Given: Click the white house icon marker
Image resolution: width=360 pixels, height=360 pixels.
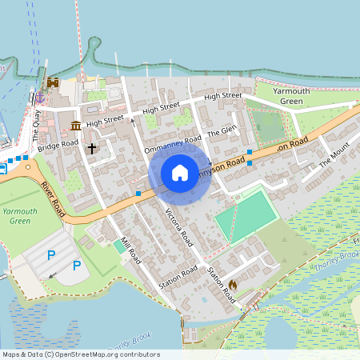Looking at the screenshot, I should [180, 173].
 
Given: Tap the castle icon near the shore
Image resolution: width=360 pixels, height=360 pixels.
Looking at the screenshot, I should [54, 82].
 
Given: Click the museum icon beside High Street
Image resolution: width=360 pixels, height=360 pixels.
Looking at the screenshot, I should [75, 126].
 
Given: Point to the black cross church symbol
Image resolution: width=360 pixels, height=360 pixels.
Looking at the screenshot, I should [92, 148].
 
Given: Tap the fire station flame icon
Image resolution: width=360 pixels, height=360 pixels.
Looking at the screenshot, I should [233, 284].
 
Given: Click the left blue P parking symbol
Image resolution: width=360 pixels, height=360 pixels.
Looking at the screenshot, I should [51, 255].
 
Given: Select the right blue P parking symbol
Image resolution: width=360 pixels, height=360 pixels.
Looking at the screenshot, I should [77, 266].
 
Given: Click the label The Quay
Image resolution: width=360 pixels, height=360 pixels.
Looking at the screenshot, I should [37, 126].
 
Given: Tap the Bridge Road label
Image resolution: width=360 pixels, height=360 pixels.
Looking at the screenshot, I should [58, 145].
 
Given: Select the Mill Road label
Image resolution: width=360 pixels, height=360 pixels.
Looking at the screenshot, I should [129, 251].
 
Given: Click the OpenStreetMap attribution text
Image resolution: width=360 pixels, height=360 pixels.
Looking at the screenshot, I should [80, 354].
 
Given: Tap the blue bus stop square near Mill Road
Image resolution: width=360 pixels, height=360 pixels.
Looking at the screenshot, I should [138, 194].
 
